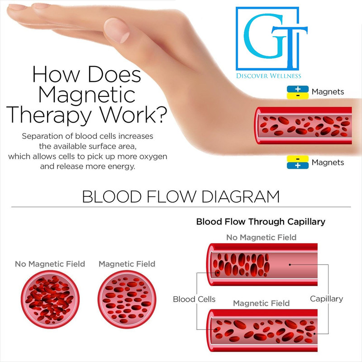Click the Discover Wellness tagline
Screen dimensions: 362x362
coord(269,76)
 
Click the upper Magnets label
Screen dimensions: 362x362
coord(328,92)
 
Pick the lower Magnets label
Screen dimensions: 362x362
coord(328,162)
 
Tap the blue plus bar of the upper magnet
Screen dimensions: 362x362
coord(297,89)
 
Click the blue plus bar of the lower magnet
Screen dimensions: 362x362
coord(297,166)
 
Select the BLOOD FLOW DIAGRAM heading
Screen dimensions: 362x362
coord(181,197)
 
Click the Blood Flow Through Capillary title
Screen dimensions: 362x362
coord(260,222)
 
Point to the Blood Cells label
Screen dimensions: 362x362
coord(194,299)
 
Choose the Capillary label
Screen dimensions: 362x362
coord(326,299)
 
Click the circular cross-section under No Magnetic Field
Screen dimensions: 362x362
coord(50,297)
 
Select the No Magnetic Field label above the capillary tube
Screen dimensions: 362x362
coord(261,237)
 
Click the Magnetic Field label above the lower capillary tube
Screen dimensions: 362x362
coord(261,303)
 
